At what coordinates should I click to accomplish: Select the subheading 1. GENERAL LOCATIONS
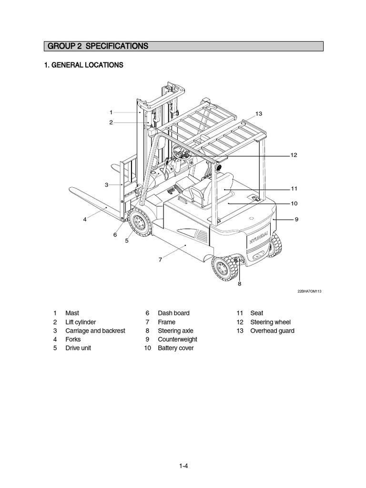click(83, 65)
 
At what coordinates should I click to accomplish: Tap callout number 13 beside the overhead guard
click(259, 114)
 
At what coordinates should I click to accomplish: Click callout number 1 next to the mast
click(111, 112)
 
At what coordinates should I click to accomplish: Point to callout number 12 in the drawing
click(294, 155)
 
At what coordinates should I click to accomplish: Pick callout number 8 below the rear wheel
click(240, 284)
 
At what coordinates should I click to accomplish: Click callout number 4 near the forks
click(85, 220)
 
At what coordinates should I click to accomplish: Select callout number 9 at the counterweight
click(296, 219)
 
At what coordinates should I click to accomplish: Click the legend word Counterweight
click(177, 339)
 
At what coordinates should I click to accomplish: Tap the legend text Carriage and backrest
click(95, 331)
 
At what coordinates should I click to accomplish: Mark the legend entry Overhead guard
click(272, 331)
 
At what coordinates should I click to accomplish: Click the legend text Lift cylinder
click(81, 322)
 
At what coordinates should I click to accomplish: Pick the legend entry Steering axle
click(175, 331)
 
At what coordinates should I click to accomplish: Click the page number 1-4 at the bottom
click(183, 467)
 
